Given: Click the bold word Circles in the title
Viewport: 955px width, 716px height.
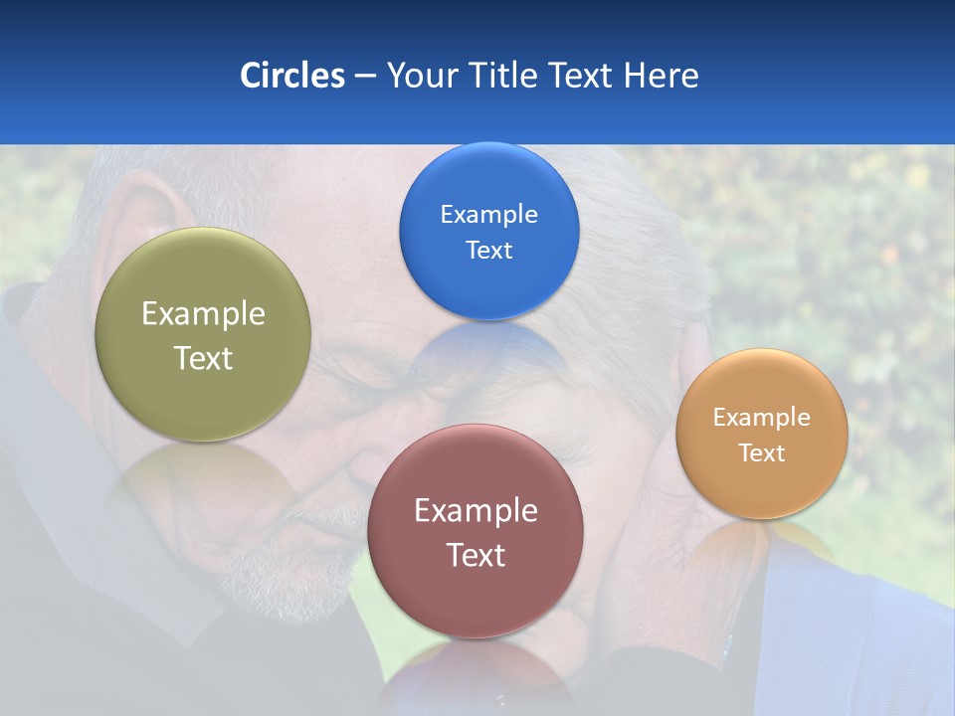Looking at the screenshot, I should point(292,76).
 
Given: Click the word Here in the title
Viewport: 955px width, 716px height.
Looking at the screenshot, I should point(662,76).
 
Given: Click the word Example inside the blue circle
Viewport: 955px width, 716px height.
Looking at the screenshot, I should point(488,215).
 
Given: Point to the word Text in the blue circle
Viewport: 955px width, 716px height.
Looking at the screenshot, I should point(488,251).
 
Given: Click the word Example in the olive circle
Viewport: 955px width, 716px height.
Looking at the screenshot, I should point(203,314).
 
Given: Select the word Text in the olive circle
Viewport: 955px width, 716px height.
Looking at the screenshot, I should point(203,358).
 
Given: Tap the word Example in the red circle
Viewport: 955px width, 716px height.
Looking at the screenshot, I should point(476,511).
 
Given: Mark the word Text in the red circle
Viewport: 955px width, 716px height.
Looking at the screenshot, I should point(476,555).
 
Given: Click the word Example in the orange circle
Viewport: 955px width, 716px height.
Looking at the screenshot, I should point(762,418).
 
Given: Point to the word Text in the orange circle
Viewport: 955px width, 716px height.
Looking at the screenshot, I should point(762,453).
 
